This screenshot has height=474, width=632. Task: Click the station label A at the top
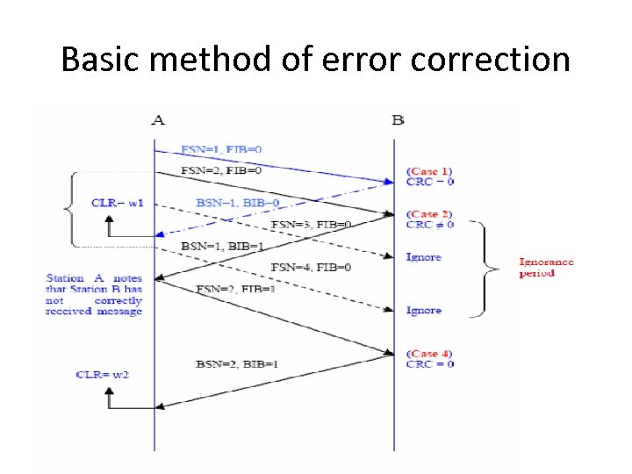tap(157, 118)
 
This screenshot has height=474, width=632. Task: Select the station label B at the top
tap(398, 118)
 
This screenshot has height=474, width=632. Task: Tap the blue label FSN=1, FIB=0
tap(220, 149)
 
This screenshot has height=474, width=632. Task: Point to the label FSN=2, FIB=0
tap(220, 170)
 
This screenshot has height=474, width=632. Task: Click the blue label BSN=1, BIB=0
tap(237, 203)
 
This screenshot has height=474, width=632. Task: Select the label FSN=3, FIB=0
tap(312, 225)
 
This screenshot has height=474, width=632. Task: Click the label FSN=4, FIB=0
tap(312, 267)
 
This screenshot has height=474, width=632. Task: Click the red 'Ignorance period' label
tap(546, 267)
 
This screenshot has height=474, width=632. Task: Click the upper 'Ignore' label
tap(423, 257)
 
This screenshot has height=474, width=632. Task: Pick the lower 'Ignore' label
tap(423, 311)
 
